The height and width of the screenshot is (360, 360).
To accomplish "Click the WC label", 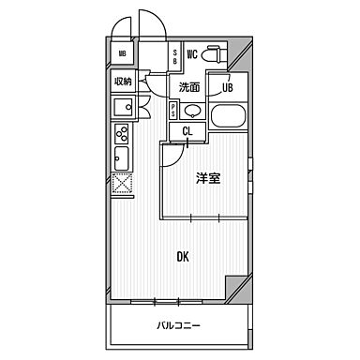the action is [x=191, y=54].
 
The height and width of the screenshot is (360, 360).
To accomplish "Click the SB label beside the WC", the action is [x=176, y=55].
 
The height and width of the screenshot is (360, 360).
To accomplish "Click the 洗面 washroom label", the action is [x=189, y=87].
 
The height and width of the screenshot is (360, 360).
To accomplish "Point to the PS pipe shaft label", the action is [x=172, y=111].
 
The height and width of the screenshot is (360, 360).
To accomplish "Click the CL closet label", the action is [x=188, y=131].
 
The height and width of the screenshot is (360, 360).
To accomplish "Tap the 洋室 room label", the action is [x=207, y=179].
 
